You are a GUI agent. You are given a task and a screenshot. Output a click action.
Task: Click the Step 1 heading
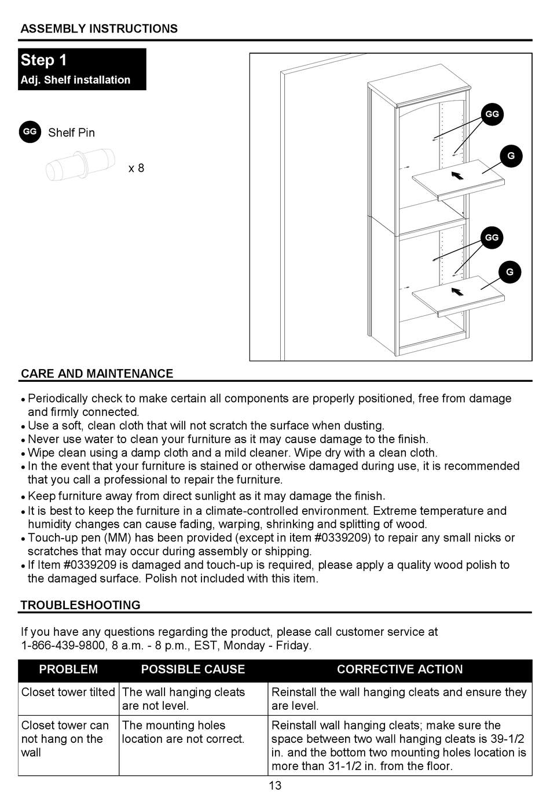(x=44, y=60)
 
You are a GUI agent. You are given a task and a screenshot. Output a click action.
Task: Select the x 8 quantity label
(x=136, y=168)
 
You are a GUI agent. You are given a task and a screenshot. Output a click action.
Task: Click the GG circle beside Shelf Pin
(x=30, y=132)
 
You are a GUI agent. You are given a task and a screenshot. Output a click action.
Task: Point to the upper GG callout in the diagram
(x=492, y=114)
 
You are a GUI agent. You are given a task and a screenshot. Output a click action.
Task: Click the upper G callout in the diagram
(x=511, y=156)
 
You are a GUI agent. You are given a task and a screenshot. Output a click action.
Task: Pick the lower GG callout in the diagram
(x=492, y=237)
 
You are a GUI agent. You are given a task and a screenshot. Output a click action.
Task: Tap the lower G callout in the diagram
(x=509, y=272)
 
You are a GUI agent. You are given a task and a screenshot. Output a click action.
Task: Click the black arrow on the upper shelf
(x=457, y=175)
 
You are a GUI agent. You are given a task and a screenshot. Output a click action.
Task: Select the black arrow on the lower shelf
(x=457, y=291)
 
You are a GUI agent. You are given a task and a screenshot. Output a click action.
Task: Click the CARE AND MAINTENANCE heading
(x=97, y=374)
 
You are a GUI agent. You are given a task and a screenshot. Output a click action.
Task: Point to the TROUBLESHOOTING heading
(x=80, y=605)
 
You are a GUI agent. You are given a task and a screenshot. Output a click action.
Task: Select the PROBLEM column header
(x=68, y=669)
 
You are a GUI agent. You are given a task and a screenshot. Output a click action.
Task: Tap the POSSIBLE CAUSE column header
(x=193, y=669)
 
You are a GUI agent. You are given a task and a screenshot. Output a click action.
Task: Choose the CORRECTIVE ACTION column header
(x=399, y=669)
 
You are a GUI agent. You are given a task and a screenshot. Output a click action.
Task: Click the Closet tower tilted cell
(x=68, y=692)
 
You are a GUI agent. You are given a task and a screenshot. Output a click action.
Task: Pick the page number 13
(x=275, y=785)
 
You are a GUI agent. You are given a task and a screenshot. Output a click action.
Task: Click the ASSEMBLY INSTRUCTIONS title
(x=99, y=29)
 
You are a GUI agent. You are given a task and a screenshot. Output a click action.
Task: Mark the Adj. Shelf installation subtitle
(x=75, y=80)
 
